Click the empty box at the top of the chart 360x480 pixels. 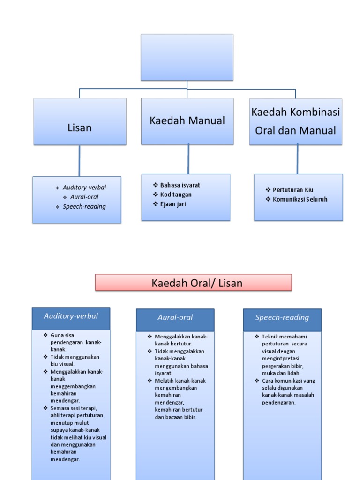point(187,57)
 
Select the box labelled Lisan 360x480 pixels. point(80,121)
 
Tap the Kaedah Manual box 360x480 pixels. point(187,121)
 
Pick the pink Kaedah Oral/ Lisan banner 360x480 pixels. point(194,282)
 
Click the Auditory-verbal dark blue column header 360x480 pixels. point(71,318)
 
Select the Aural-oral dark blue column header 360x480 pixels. point(175,320)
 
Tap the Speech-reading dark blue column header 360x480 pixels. point(282,320)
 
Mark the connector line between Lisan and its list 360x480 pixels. point(79,161)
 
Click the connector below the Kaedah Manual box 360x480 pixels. point(188,159)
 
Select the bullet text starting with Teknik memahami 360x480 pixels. point(285,355)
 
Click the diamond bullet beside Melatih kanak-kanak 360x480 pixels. point(150,381)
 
